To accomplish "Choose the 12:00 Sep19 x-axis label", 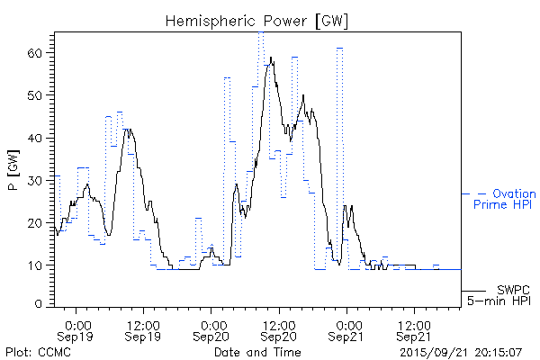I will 144,329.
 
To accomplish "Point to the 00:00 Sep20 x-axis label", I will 212,329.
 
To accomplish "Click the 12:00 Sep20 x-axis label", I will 279,329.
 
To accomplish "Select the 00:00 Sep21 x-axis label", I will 347,329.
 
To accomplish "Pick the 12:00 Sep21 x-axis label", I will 414,329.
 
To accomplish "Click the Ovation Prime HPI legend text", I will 504,200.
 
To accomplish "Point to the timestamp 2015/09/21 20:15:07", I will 460,351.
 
